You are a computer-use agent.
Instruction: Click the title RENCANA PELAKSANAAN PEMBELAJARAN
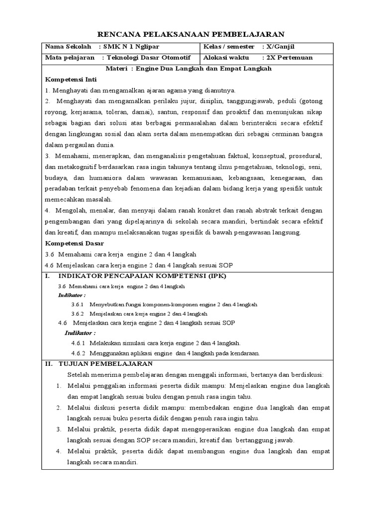point(191,34)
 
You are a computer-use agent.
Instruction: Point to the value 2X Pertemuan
point(290,58)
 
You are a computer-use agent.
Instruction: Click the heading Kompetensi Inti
point(71,80)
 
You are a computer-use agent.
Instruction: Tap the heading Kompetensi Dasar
point(74,243)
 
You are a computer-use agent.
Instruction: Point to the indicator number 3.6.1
point(78,305)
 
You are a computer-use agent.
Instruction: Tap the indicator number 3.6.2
point(78,314)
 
